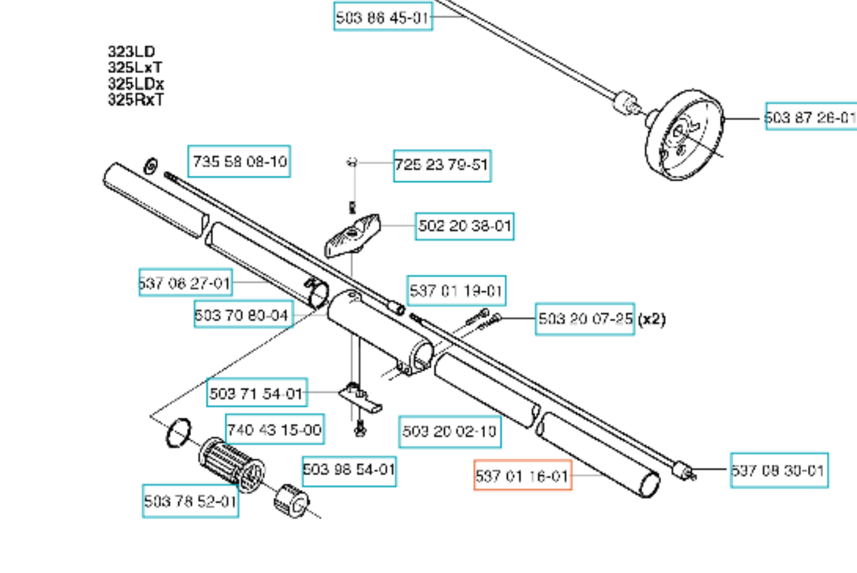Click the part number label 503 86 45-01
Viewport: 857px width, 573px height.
[x=383, y=17]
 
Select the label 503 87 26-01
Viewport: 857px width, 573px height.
[x=811, y=117]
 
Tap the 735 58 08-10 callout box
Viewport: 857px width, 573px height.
[x=239, y=161]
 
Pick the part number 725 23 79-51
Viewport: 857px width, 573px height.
[x=442, y=165]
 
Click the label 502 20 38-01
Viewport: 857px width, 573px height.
[x=464, y=226]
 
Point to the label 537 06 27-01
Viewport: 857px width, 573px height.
[x=185, y=283]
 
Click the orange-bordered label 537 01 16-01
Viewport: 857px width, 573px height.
[x=522, y=476]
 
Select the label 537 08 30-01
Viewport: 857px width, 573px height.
[x=778, y=470]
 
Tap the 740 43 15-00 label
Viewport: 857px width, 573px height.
[x=275, y=430]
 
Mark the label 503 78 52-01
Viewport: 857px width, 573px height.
[x=190, y=501]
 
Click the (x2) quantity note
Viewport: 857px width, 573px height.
[x=652, y=319]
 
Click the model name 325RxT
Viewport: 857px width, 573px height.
[x=136, y=100]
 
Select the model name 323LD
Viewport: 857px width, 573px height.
[x=131, y=52]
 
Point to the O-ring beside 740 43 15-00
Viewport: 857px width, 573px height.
[x=178, y=432]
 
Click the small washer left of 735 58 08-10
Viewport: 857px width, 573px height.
[x=151, y=166]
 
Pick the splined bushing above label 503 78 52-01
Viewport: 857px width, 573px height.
[x=232, y=466]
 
